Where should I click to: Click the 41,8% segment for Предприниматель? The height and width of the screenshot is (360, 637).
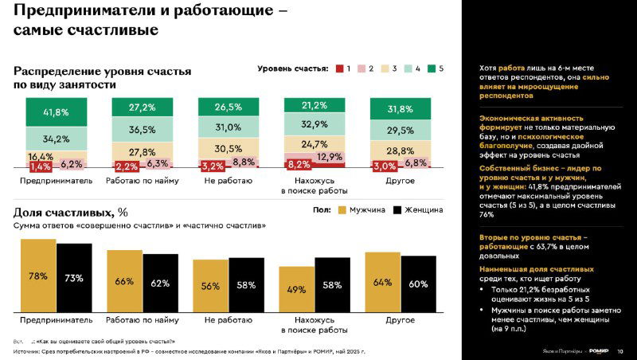coord(56,112)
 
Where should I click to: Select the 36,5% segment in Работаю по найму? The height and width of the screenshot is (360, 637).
coord(142,130)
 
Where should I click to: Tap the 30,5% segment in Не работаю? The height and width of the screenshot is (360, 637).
coord(228,148)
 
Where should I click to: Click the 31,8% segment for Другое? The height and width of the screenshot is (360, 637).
coord(400,109)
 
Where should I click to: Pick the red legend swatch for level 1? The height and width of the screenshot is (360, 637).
coord(339,69)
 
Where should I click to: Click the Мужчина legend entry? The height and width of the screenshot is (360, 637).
coord(363,209)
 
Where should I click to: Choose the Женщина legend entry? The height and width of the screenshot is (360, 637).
coord(419,209)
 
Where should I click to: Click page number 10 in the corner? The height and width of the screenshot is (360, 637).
coord(620,351)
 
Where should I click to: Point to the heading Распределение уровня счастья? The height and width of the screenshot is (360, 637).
coord(102,72)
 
